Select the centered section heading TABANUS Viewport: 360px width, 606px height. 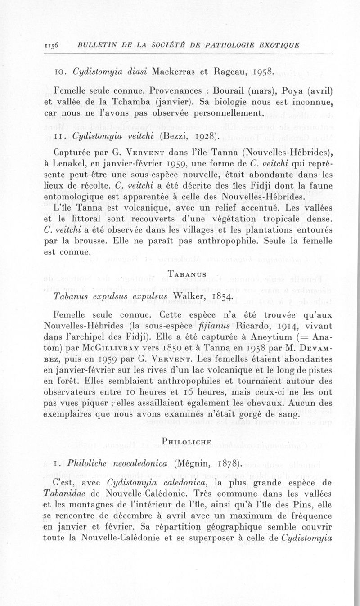(187, 274)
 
